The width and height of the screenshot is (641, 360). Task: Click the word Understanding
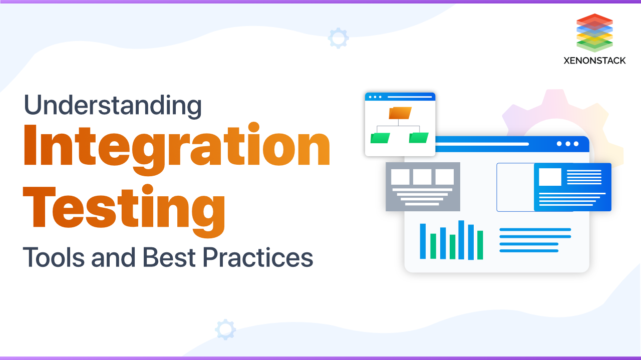(112, 106)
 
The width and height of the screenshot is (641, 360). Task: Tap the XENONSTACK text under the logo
(594, 61)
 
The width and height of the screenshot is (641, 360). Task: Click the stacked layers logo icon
(594, 33)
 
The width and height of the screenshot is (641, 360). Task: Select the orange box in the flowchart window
(400, 113)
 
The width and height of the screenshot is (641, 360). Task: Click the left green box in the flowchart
(380, 138)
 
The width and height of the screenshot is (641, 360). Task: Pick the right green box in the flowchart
(419, 138)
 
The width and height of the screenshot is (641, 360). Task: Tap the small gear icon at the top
(338, 38)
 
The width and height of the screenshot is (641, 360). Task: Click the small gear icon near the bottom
(225, 329)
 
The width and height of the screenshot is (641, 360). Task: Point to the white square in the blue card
(550, 177)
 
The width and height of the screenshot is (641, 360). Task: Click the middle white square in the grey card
(422, 177)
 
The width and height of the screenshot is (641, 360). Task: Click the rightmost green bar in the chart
(480, 245)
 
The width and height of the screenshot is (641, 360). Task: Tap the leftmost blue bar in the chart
(423, 241)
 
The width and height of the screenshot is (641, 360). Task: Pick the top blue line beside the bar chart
(535, 230)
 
